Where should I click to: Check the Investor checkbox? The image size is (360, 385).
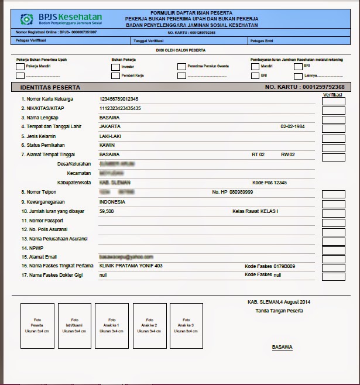click(115, 67)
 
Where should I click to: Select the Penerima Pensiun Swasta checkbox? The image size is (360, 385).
click(181, 67)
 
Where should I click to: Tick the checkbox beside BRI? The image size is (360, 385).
click(299, 67)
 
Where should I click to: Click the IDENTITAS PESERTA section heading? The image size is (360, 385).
click(50, 87)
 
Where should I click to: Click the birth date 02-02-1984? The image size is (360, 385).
click(294, 126)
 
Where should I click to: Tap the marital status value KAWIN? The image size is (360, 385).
click(107, 145)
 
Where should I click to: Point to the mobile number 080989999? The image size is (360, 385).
click(241, 192)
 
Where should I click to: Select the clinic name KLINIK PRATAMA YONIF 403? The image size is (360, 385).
click(131, 266)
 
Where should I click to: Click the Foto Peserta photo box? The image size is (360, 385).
click(37, 326)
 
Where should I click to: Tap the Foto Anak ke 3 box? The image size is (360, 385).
click(186, 326)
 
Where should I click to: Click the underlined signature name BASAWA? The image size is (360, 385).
click(282, 347)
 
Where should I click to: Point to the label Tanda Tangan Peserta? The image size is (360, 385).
click(279, 311)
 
